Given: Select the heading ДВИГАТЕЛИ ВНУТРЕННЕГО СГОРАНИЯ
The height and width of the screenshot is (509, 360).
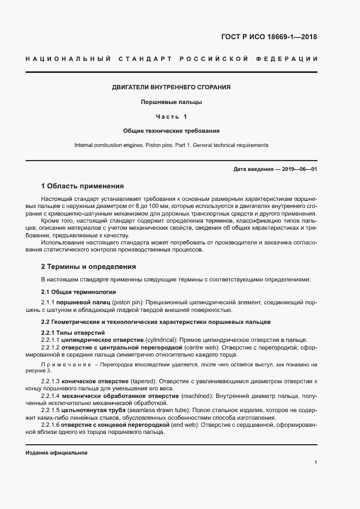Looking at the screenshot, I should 171,87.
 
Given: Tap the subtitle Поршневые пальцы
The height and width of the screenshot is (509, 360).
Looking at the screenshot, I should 171,102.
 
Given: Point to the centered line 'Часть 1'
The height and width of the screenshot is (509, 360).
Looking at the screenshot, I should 171,116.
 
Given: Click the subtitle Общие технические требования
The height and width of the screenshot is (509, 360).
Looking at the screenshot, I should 171,131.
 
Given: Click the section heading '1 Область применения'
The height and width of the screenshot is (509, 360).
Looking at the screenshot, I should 82,186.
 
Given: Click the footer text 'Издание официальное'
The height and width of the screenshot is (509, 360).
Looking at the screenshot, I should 56,453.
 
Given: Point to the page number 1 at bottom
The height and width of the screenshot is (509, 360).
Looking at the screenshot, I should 315,463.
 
